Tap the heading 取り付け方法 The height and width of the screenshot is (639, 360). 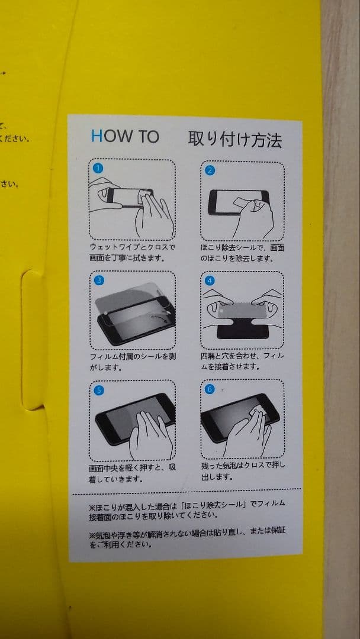tap(234, 139)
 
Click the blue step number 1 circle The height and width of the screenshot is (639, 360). tap(98, 168)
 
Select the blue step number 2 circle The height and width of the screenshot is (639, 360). tap(210, 170)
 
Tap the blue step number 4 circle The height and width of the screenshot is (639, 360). tap(210, 280)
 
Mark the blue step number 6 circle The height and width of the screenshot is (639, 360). tap(210, 389)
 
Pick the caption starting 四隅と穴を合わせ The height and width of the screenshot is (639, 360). tap(242, 361)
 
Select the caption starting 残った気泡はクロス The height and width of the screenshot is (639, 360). tap(243, 471)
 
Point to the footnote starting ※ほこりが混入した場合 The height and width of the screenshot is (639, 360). tap(187, 509)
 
